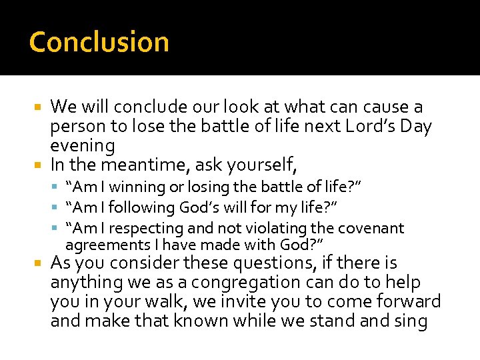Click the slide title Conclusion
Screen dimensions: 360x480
pyautogui.click(x=99, y=41)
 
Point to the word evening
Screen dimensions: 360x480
pyautogui.click(x=83, y=145)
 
